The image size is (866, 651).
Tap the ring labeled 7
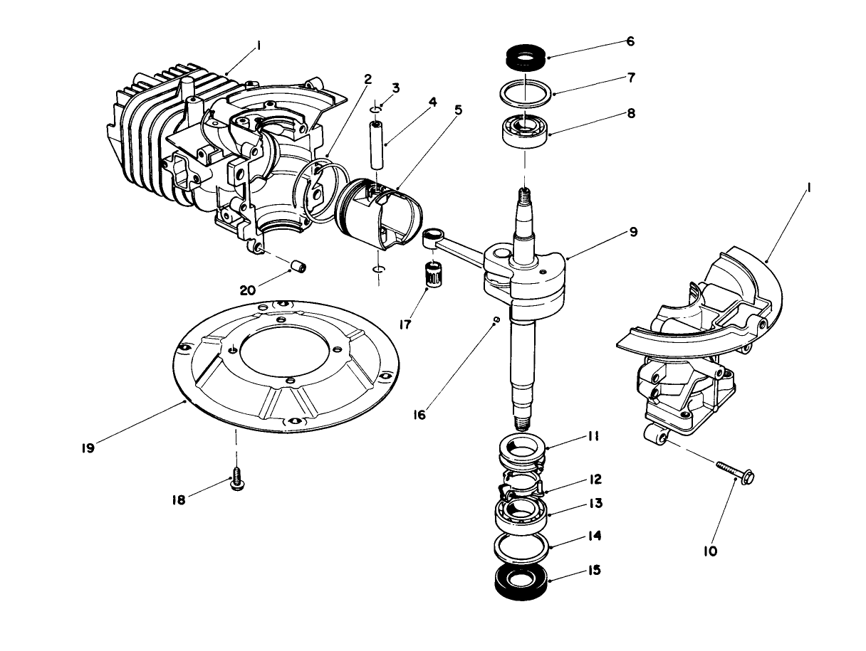526,92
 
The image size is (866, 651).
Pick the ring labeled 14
523,548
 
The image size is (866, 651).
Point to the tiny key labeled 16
497,319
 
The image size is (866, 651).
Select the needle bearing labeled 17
431,274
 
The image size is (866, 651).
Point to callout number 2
367,79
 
